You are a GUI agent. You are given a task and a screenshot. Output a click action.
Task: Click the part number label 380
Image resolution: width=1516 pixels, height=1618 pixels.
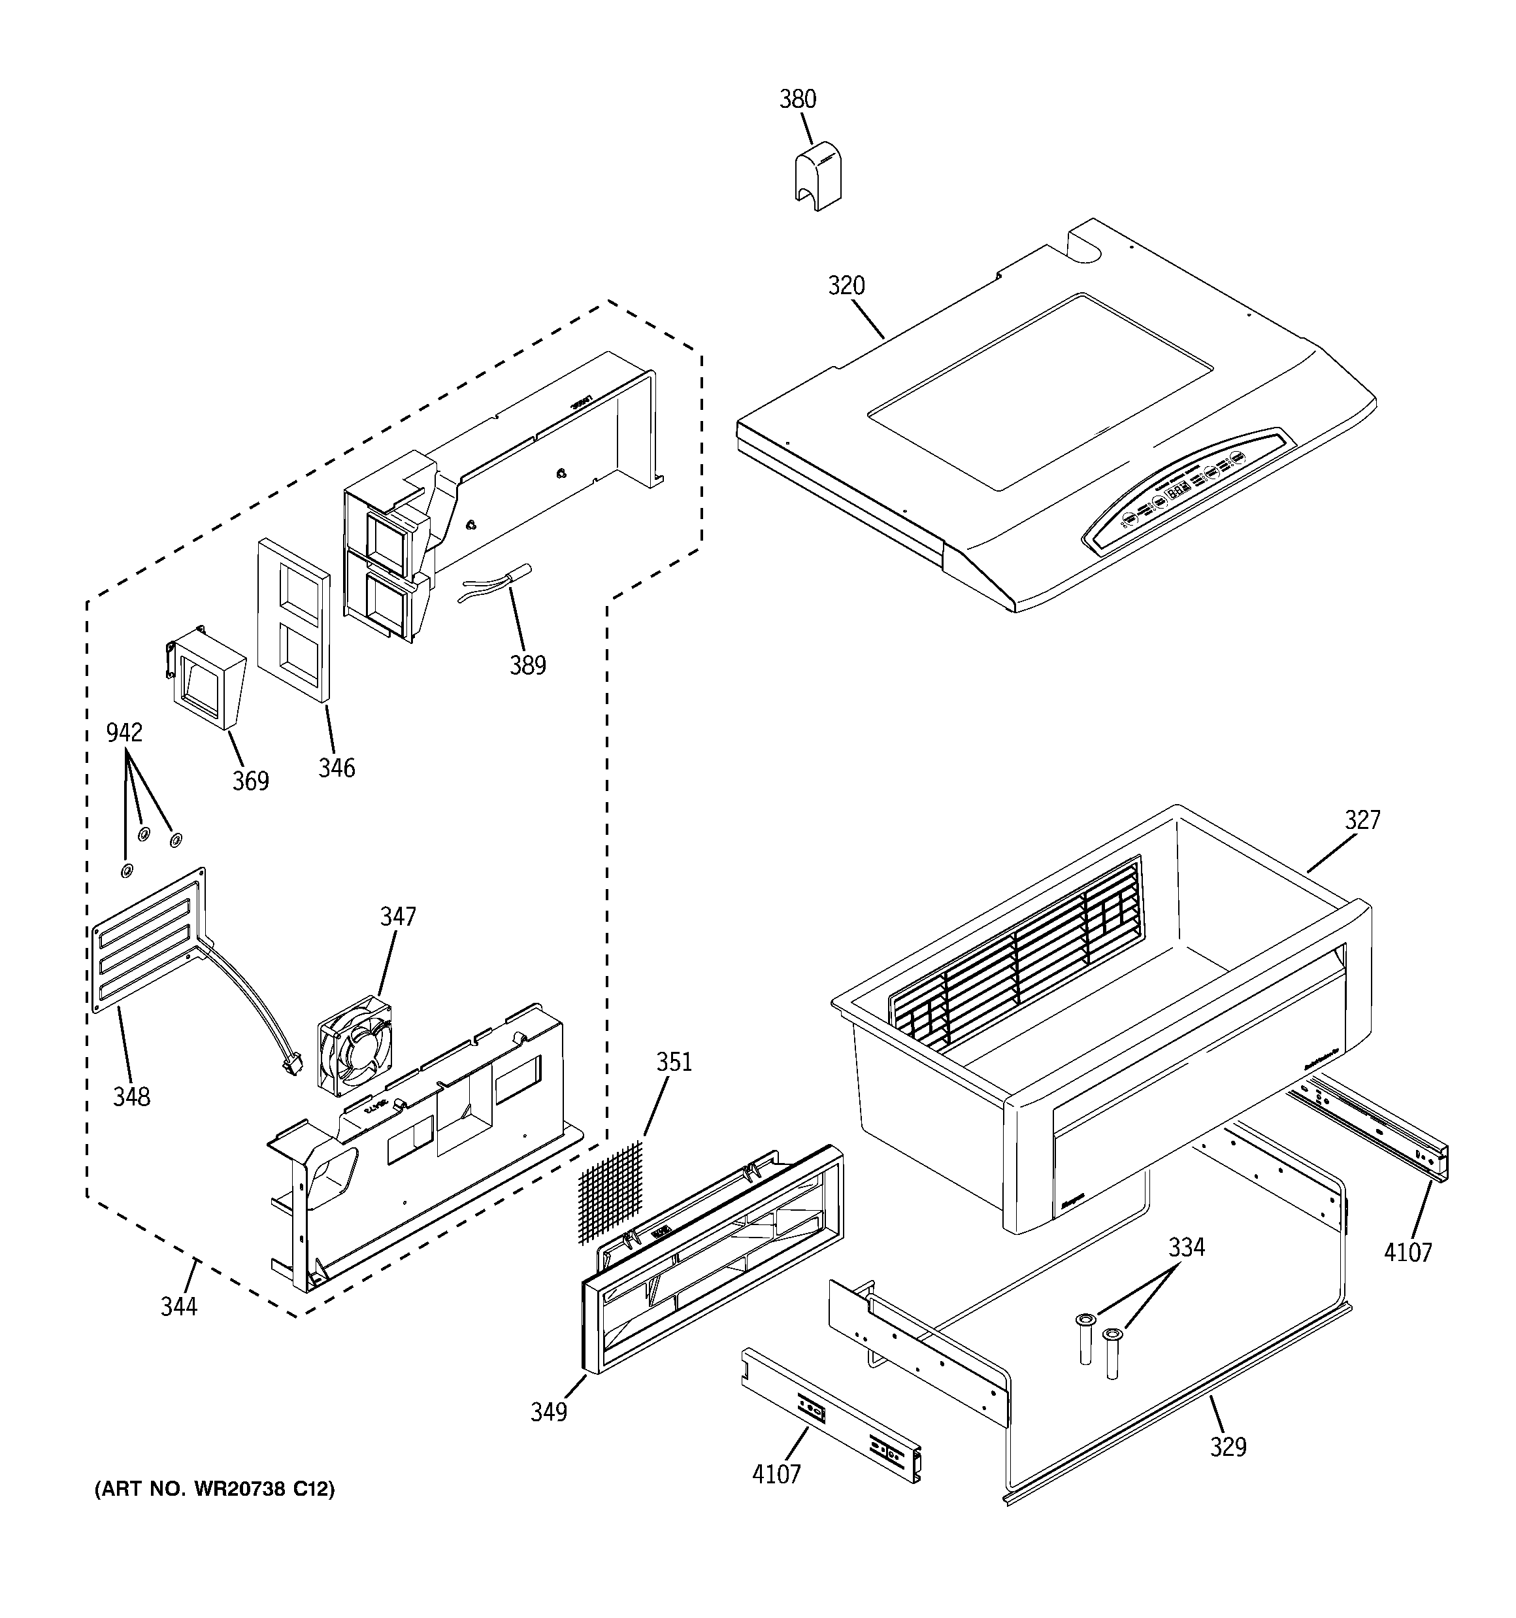(797, 99)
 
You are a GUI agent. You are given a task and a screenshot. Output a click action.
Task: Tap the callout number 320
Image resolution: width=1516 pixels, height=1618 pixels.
(846, 286)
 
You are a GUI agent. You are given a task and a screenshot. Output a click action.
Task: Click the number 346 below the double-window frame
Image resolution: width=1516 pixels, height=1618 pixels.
(336, 767)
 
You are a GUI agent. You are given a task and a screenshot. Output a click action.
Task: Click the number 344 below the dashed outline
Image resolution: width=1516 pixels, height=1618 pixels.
(178, 1306)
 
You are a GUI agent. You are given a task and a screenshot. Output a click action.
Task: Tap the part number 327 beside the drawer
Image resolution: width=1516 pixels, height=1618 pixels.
(1362, 820)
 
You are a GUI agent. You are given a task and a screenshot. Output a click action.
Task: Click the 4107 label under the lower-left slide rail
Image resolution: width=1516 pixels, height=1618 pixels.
(776, 1474)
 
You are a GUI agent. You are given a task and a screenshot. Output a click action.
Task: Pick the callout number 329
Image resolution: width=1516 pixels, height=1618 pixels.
(1228, 1446)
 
